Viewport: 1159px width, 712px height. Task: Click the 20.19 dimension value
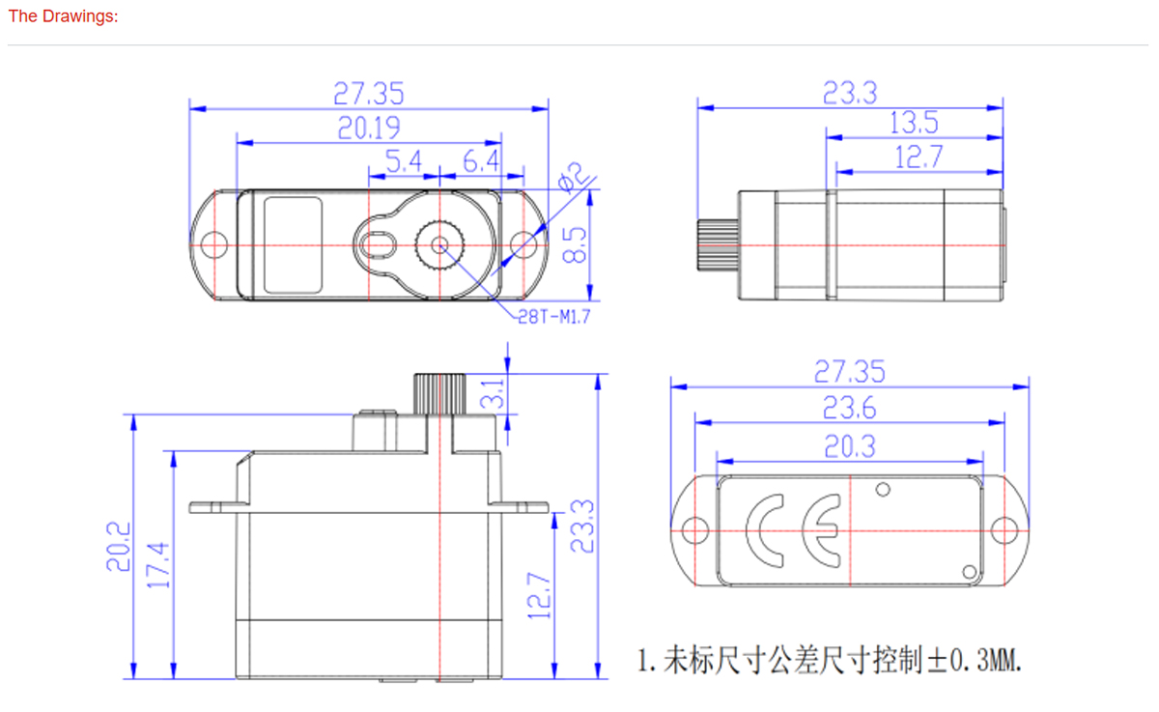pyautogui.click(x=369, y=128)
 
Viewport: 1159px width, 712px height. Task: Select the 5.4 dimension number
pyautogui.click(x=404, y=161)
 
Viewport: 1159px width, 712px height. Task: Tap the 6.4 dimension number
pyautogui.click(x=481, y=161)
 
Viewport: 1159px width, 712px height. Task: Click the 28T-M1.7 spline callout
pyautogui.click(x=553, y=316)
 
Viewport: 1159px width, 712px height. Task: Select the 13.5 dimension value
pyautogui.click(x=914, y=123)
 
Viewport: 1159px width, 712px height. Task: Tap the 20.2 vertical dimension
pyautogui.click(x=118, y=547)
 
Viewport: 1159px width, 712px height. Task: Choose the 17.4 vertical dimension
pyautogui.click(x=160, y=564)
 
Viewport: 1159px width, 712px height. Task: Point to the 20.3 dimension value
pyautogui.click(x=850, y=446)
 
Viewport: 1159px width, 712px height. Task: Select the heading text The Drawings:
pyautogui.click(x=63, y=16)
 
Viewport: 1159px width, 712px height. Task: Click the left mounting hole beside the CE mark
pyautogui.click(x=692, y=530)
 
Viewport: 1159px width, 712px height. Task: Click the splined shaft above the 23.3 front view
pyautogui.click(x=440, y=393)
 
